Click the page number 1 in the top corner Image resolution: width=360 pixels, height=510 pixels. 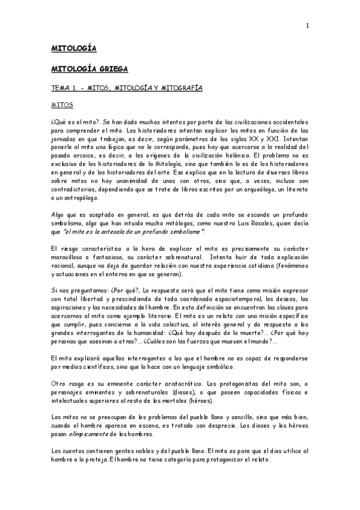point(307,25)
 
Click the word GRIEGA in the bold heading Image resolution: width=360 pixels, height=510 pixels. point(111,69)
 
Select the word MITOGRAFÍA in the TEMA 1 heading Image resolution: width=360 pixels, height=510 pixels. point(180,88)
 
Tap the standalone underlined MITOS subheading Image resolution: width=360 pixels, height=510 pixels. point(61,105)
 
